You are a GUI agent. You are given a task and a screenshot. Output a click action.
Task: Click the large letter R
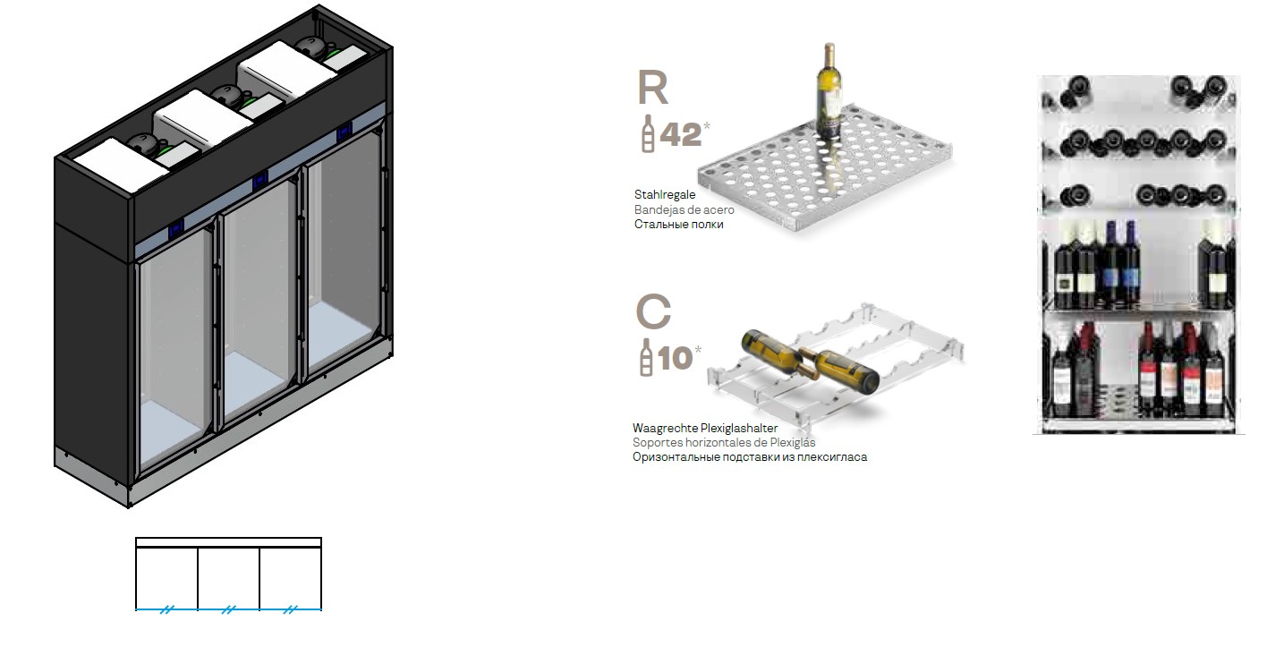[x=653, y=88]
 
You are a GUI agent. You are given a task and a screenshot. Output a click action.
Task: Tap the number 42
[x=680, y=134]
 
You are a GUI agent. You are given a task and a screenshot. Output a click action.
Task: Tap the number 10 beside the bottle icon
[x=676, y=358]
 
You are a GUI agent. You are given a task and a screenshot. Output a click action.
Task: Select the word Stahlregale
[x=665, y=194]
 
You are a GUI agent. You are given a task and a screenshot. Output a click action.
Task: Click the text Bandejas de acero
[x=684, y=209]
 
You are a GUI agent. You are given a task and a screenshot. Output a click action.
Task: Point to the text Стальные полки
[x=678, y=225]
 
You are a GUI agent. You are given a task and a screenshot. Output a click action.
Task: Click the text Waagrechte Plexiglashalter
[x=705, y=429]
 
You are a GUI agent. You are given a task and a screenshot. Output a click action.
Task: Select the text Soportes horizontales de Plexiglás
[x=724, y=442]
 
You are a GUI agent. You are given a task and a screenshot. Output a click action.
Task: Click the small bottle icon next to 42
[x=648, y=134]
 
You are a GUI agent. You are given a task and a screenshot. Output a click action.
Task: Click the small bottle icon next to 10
[x=646, y=358]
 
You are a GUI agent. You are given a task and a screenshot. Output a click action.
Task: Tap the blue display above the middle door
[x=259, y=179]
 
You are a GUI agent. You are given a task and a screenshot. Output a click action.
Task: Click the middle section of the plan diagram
[x=228, y=578]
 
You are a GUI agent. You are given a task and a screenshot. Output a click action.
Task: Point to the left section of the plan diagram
[x=166, y=578]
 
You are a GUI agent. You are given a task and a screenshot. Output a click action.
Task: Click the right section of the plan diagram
[x=290, y=578]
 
